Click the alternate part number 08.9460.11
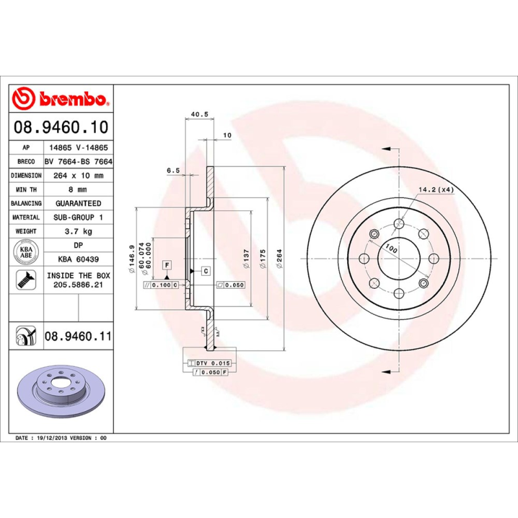(78, 337)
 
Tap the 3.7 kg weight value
(78, 231)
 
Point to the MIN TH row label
(27, 190)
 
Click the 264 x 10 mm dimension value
(78, 175)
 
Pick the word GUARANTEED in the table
(78, 203)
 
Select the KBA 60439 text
(78, 260)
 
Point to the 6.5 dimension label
(173, 170)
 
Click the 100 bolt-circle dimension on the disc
(391, 248)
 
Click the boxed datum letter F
(167, 265)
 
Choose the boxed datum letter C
(205, 271)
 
